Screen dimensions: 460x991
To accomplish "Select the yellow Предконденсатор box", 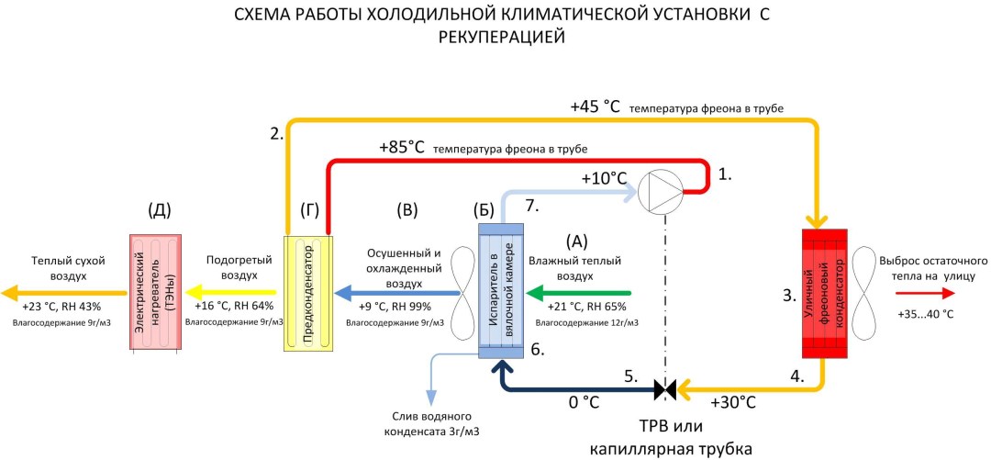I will [308, 295].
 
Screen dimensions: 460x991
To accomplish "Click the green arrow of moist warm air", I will [578, 294].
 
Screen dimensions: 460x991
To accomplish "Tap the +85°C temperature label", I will [402, 147].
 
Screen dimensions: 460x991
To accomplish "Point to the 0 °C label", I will [584, 402].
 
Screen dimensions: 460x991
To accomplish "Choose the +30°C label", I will [734, 402].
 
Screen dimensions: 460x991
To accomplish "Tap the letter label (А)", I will [577, 241].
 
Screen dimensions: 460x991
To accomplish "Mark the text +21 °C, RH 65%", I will [586, 307].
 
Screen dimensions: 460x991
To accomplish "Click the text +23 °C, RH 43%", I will [61, 307].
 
